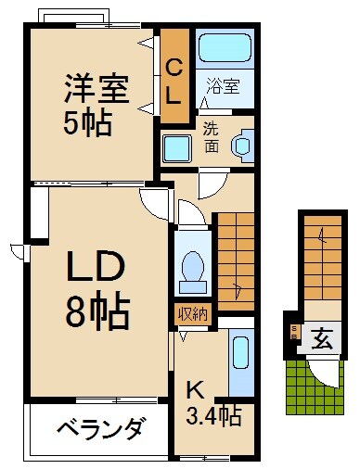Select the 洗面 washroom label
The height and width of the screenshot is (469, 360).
point(211,138)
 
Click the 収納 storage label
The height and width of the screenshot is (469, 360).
point(193,313)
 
